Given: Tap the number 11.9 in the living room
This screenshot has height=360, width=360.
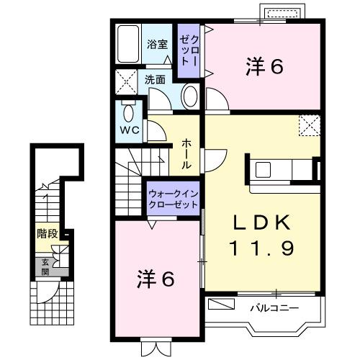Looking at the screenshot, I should coord(261,249).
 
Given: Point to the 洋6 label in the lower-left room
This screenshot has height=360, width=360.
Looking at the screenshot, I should coord(156,280).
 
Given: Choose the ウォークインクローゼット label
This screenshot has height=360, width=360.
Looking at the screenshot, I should coord(173,199).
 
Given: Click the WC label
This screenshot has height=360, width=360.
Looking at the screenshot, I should coord(130,131).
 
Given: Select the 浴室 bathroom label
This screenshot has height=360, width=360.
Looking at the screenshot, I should coord(158,44).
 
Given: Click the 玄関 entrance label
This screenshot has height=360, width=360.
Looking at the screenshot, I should coord(45,267).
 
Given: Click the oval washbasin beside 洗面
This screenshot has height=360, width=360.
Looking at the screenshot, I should coord(189,96).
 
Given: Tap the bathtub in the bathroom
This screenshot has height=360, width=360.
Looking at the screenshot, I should coord(128,44).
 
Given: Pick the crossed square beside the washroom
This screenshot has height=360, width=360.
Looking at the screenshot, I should coord(127,84).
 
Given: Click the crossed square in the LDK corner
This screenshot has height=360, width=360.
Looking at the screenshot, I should coord(310,126).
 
